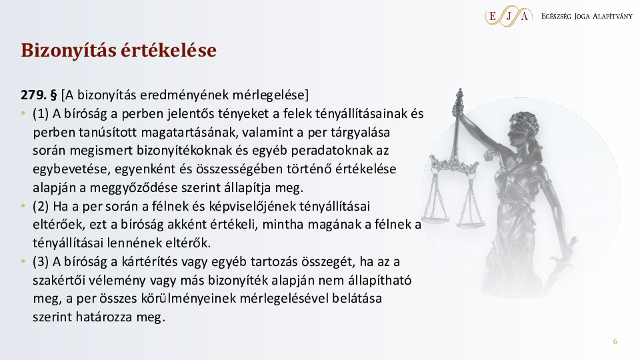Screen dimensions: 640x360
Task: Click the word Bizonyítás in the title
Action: [x=68, y=51]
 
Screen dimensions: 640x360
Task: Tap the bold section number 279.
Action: [x=33, y=95]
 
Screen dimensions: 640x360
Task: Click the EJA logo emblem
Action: [x=509, y=16]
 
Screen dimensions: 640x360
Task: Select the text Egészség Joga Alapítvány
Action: [x=587, y=16]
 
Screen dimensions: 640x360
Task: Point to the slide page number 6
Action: [x=615, y=341]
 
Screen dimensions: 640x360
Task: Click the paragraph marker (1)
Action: [x=41, y=113]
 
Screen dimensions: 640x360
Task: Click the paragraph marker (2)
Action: [x=41, y=206]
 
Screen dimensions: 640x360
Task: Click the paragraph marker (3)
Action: [x=41, y=261]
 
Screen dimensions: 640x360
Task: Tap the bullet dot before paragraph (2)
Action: [x=23, y=206]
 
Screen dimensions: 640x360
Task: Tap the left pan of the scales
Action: [x=435, y=220]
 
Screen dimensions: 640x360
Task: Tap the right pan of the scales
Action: [x=471, y=223]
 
